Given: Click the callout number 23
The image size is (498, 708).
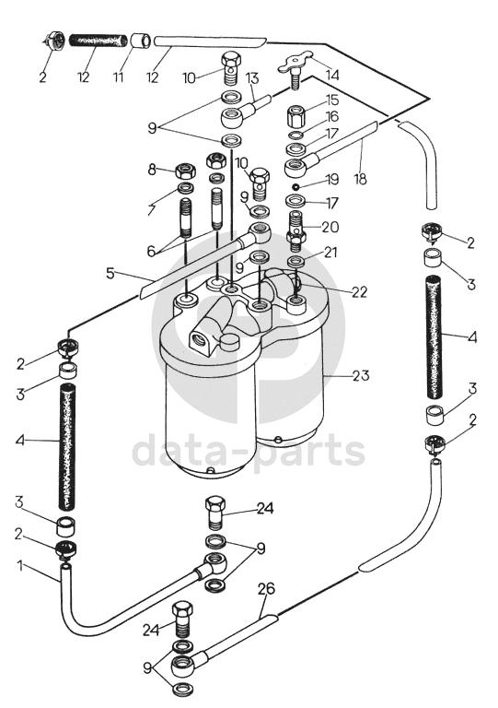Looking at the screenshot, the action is tap(361, 375).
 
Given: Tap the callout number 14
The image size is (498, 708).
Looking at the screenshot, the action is tap(331, 75).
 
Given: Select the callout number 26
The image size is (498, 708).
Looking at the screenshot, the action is tap(266, 589).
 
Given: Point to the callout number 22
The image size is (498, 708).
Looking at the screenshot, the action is tap(359, 291).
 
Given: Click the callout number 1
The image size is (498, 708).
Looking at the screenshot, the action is tap(20, 565).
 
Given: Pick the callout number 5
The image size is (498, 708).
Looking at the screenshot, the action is tap(110, 273).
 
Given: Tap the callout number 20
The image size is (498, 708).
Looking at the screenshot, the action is tap(330, 226).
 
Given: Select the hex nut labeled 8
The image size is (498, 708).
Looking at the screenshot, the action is tap(184, 171).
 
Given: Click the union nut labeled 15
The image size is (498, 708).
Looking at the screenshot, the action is tap(296, 117).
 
